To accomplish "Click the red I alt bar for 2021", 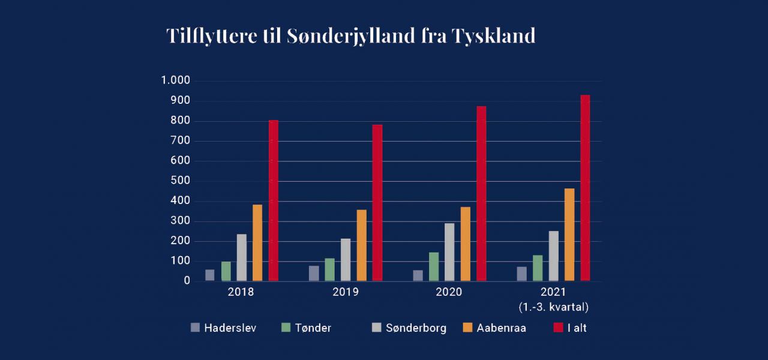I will (x=585, y=188).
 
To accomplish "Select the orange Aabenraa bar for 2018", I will (x=257, y=242).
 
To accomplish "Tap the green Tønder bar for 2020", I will (x=434, y=266).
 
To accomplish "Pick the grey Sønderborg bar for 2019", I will (x=346, y=260).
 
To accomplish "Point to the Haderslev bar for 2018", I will (x=210, y=275).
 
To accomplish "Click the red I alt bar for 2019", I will (x=377, y=203).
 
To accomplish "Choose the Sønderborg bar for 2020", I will (x=449, y=252).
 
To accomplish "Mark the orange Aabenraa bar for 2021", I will (x=569, y=235).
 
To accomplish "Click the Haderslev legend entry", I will (x=223, y=328).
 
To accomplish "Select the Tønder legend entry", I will (x=306, y=328).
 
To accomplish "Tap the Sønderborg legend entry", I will (x=409, y=328).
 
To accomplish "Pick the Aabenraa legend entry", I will (x=494, y=328).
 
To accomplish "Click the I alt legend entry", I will (x=570, y=328).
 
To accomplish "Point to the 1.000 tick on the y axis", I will (x=175, y=81).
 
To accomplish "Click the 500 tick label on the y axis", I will (x=181, y=181).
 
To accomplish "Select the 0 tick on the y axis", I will (x=187, y=281).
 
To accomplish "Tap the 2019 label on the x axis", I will (x=345, y=293).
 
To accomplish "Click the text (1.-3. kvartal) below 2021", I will (x=553, y=307).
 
